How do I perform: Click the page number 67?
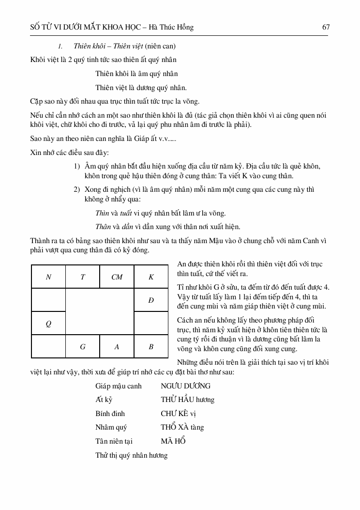click(326, 27)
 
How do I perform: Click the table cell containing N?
click(48, 277)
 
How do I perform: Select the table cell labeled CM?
click(117, 277)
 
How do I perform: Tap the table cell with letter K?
click(151, 277)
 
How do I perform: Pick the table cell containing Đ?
click(151, 300)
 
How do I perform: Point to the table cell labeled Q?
click(48, 324)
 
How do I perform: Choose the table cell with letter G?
click(83, 347)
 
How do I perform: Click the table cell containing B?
click(151, 347)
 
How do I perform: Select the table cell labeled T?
click(83, 277)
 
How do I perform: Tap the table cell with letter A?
click(117, 347)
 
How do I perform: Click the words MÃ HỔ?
click(173, 441)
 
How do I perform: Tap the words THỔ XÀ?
click(175, 427)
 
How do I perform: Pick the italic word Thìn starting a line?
click(102, 213)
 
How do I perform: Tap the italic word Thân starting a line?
click(103, 226)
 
